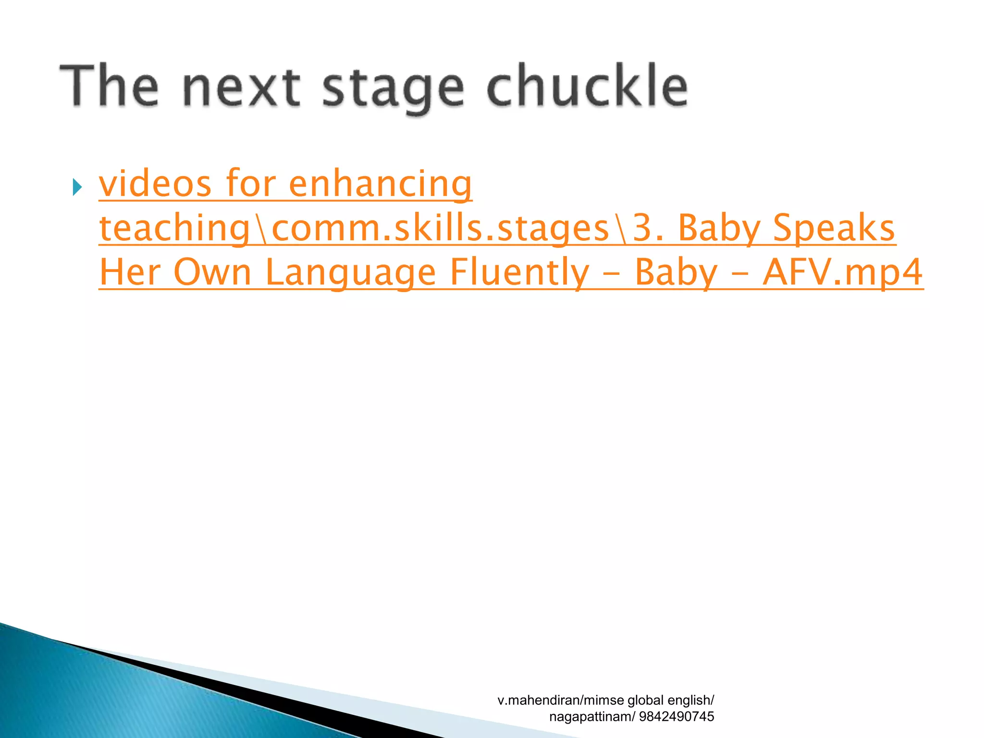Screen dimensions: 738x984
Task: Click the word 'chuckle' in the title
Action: [587, 86]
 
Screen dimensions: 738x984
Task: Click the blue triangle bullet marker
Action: [77, 186]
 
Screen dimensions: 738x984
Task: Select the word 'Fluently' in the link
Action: [519, 273]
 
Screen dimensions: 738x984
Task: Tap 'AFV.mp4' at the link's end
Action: [843, 272]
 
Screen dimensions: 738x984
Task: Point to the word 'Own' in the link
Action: [212, 272]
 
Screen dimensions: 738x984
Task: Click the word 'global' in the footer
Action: [645, 700]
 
